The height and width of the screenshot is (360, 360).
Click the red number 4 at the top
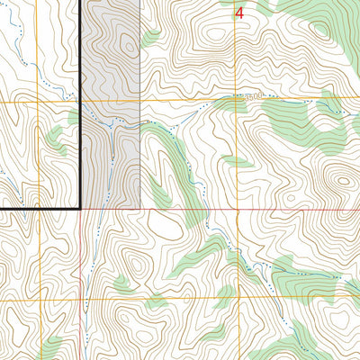click(239, 13)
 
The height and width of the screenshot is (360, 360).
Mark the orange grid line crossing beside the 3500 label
click(238, 100)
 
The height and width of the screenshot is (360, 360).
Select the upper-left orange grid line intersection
click(38, 103)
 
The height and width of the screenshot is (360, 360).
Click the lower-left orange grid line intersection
click(38, 300)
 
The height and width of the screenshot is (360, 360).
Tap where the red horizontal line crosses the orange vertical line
click(238, 210)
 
